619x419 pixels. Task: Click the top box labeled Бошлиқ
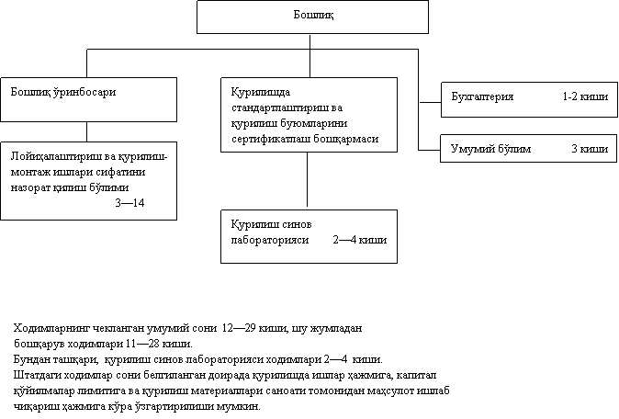(x=312, y=17)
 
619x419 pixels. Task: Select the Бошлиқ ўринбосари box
(x=88, y=99)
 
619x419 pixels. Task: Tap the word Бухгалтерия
(x=482, y=96)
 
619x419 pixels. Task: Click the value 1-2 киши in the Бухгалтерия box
(x=585, y=96)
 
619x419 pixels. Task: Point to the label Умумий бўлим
(x=490, y=149)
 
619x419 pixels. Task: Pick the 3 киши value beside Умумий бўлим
(x=590, y=149)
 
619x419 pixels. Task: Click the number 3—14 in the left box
(x=129, y=203)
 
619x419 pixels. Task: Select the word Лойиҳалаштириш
(x=56, y=157)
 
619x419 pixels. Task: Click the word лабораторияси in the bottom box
(x=270, y=240)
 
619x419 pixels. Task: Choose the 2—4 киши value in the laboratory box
(x=360, y=240)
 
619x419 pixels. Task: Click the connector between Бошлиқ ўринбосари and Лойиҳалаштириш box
(x=87, y=132)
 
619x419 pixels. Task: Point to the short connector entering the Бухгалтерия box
(x=430, y=102)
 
